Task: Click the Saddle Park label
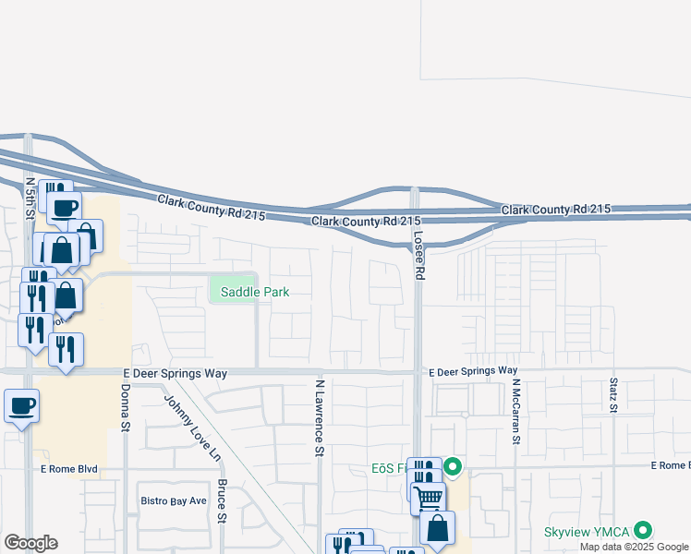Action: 249,292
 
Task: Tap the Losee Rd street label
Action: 418,255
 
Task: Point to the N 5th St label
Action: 30,199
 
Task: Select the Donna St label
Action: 123,402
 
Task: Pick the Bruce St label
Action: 222,500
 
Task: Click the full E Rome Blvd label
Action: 69,469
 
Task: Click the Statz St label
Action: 613,395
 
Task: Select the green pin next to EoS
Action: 453,467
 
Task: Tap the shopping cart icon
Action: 427,498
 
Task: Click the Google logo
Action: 30,543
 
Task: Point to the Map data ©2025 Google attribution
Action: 633,547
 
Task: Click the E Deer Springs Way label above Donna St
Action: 175,373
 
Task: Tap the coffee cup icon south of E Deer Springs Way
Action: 21,404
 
